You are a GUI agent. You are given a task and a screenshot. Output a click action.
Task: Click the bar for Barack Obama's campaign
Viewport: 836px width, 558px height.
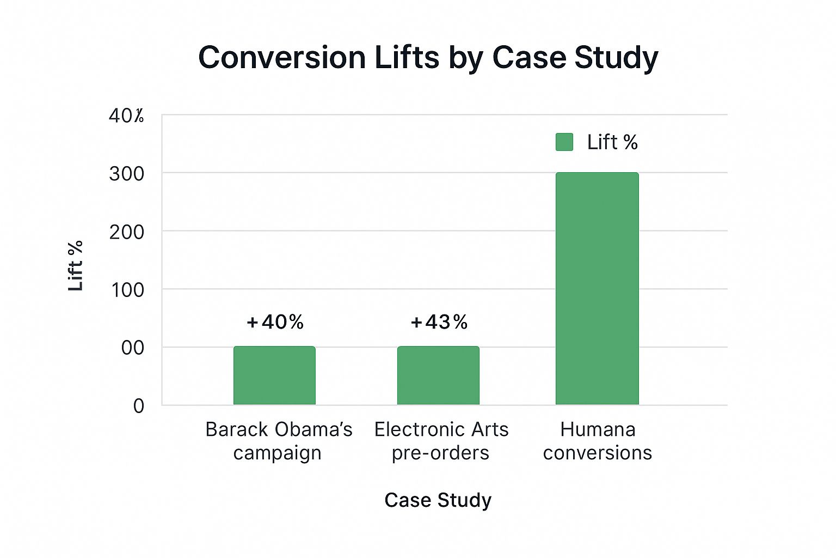coord(274,375)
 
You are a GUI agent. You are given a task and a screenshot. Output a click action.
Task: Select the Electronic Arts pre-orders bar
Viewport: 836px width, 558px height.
coord(438,375)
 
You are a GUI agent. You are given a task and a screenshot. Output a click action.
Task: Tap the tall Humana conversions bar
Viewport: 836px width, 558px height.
coord(597,289)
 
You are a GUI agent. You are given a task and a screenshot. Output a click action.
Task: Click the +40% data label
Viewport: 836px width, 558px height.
coord(275,322)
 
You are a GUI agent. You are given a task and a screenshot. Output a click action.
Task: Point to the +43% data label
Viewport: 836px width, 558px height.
coord(439,322)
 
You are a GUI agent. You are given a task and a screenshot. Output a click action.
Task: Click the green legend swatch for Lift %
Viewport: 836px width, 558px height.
coord(564,142)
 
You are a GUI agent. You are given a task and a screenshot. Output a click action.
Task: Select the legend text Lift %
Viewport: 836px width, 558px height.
coord(612,142)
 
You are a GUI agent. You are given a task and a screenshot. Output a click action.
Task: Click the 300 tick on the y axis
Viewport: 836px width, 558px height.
coord(127,174)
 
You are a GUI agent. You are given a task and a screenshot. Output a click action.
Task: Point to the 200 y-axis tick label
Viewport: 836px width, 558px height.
coord(127,232)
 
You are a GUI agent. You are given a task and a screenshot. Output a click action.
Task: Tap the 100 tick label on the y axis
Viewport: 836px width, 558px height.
coord(128,290)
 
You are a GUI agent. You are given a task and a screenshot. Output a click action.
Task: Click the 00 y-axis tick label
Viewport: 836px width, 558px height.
coord(133,348)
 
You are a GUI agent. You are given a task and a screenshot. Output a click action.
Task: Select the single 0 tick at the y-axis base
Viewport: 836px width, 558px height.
coord(139,406)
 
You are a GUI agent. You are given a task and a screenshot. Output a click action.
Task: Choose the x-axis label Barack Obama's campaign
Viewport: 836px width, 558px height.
coord(279,441)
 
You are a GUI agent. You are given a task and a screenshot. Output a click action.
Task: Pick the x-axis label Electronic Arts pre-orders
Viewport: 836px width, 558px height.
coord(441,441)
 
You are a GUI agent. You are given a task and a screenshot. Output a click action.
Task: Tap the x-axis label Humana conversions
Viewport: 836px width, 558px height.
coord(598,441)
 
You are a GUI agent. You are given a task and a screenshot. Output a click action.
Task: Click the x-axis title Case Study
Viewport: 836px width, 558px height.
coord(438,500)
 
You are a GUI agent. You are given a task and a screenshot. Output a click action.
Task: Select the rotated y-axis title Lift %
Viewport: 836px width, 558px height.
coord(76,266)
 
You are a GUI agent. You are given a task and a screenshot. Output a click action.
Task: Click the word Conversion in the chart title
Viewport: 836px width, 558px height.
coord(282,57)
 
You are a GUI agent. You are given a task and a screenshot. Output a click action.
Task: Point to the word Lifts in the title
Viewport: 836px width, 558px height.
coord(407,57)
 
